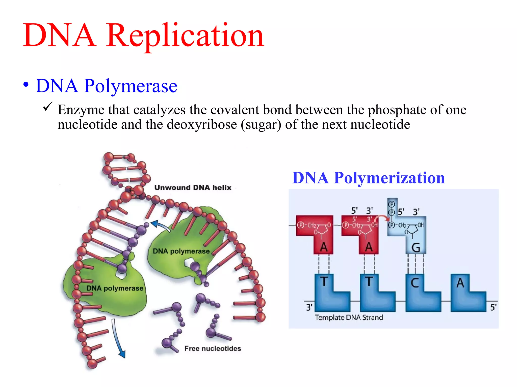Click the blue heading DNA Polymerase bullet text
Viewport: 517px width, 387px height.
click(106, 86)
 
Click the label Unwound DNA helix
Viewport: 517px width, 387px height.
click(193, 187)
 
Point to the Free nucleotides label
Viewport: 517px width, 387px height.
click(213, 348)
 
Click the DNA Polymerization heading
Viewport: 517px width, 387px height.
click(368, 178)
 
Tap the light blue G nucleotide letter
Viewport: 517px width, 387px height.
click(416, 248)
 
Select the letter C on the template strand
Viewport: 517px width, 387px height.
click(415, 283)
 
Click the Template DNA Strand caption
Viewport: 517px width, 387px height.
click(349, 317)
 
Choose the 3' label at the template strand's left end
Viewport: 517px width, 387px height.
click(309, 307)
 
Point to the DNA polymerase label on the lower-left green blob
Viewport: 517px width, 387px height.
click(115, 288)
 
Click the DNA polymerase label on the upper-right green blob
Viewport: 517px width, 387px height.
click(181, 251)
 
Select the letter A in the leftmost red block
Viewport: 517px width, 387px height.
click(324, 247)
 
